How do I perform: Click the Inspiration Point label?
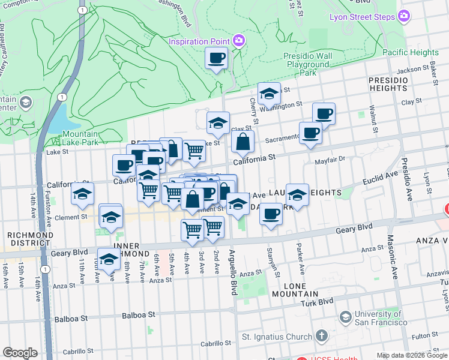coord(200,41)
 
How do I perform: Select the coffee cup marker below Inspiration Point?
coord(216,58)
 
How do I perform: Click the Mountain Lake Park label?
coord(80,138)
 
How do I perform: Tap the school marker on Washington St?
coord(269,94)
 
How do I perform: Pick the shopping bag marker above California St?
coord(243,142)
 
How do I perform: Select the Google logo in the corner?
coord(19,352)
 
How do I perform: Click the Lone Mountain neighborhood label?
coord(294,289)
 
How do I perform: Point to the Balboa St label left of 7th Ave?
coord(139,314)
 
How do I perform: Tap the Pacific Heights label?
coord(411,53)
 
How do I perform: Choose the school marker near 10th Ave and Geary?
coord(109,259)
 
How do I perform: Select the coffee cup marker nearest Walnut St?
coord(324,113)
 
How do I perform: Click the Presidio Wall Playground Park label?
coord(309,64)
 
